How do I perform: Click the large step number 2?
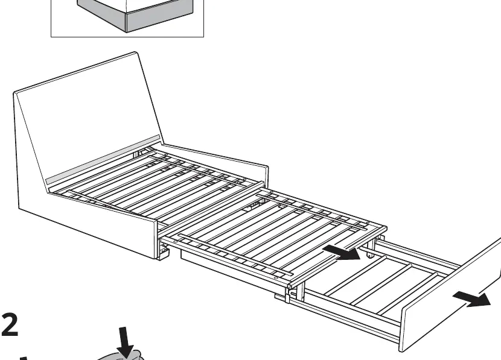tap(10, 324)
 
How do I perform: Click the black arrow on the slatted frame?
tap(341, 253)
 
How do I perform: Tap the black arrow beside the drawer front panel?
tap(472, 299)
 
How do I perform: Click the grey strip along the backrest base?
tap(103, 160)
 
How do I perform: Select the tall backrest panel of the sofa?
tap(86, 121)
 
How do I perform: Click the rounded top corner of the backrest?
tap(135, 54)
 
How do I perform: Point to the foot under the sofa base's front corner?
tap(164, 253)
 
